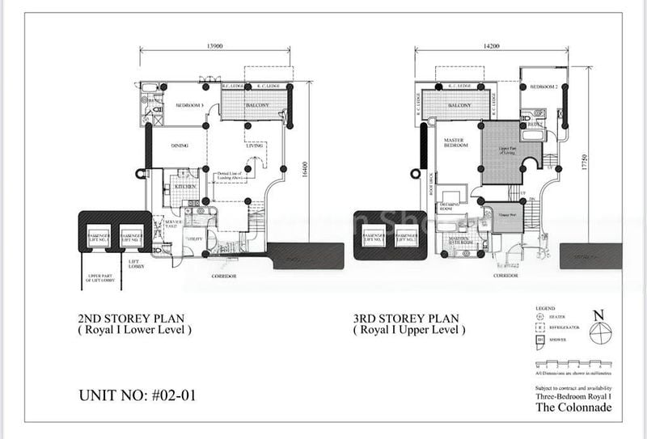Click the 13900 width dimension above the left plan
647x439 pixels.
(x=215, y=47)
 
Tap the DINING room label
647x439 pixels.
(x=180, y=146)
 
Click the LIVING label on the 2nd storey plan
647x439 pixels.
(x=256, y=146)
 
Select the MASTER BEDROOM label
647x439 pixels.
(x=459, y=144)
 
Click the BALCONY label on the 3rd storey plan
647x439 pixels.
(x=459, y=106)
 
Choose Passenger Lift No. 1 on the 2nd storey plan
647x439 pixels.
(x=99, y=236)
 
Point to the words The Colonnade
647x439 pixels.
(x=573, y=407)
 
